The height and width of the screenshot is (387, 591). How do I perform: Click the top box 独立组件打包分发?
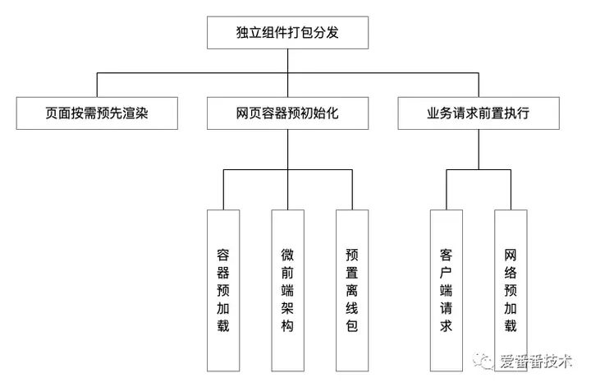(x=287, y=32)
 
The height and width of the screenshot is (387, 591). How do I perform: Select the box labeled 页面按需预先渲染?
(x=97, y=113)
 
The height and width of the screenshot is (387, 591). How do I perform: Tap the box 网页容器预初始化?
(x=287, y=113)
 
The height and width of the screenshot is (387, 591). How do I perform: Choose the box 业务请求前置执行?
(x=479, y=113)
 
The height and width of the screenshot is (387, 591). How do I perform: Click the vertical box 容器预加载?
(x=223, y=290)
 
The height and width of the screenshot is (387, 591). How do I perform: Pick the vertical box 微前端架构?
(x=287, y=290)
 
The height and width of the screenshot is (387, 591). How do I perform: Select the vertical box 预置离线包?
(x=352, y=290)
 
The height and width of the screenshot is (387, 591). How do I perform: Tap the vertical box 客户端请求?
(x=447, y=290)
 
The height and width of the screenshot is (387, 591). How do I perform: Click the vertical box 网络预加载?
(x=511, y=290)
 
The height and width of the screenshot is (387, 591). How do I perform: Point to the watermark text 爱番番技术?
(x=536, y=362)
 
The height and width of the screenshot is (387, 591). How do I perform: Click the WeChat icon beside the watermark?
(x=483, y=361)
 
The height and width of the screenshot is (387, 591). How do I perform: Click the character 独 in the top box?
(x=242, y=32)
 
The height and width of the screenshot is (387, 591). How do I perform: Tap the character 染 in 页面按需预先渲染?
(x=142, y=113)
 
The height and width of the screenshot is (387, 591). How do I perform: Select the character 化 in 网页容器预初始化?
(x=332, y=113)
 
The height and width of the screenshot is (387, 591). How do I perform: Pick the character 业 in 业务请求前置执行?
(x=433, y=113)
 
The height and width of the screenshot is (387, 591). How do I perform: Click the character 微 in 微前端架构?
(x=287, y=255)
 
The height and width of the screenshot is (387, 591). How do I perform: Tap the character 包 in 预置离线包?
(x=352, y=326)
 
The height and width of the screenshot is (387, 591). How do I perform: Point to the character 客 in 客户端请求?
(x=447, y=255)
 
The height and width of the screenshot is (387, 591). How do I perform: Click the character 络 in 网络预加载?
(x=511, y=273)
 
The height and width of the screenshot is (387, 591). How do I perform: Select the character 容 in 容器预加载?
(x=223, y=255)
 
